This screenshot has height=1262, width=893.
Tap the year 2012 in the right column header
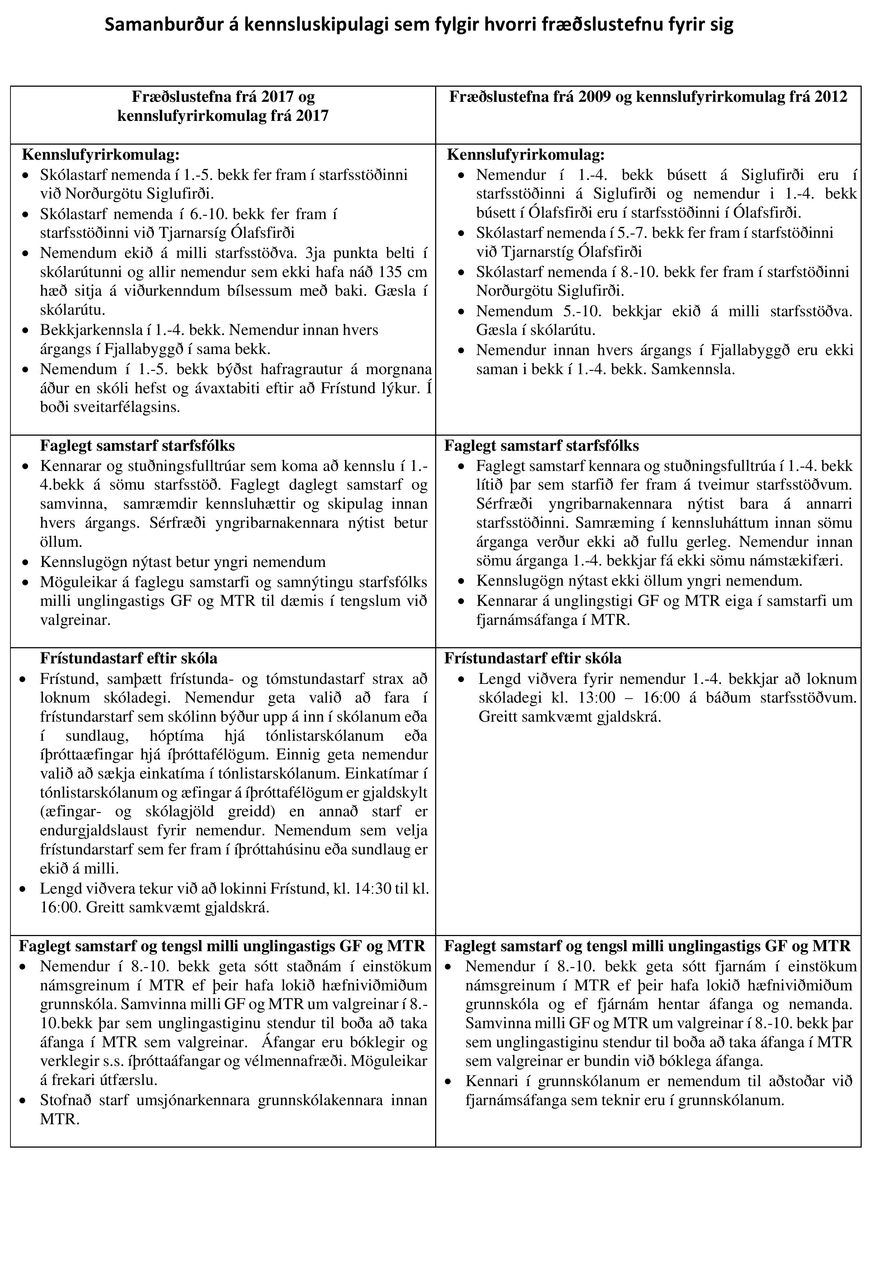pyautogui.click(x=829, y=97)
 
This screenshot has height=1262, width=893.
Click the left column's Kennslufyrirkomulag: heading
pyautogui.click(x=101, y=155)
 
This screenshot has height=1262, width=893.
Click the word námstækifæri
pyautogui.click(x=796, y=561)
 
